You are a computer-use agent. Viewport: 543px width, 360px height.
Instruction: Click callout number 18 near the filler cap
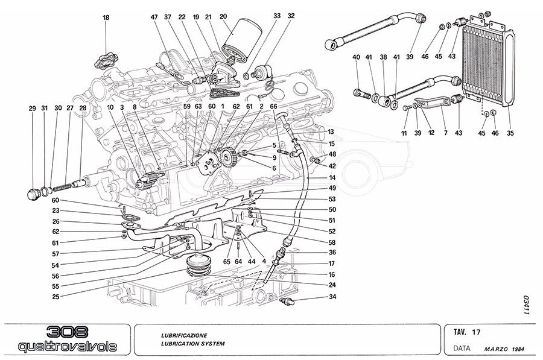106,18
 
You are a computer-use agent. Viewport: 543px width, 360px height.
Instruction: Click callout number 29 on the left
32,109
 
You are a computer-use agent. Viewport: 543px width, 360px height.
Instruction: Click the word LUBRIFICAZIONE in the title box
184,335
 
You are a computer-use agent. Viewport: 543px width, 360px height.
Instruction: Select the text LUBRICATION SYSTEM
192,344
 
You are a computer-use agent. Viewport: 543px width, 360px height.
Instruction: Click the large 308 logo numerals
66,333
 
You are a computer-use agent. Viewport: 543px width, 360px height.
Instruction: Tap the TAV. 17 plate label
467,332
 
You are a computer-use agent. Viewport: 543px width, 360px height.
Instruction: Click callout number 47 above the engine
153,18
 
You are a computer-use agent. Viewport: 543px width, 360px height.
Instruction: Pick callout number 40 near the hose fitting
357,57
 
